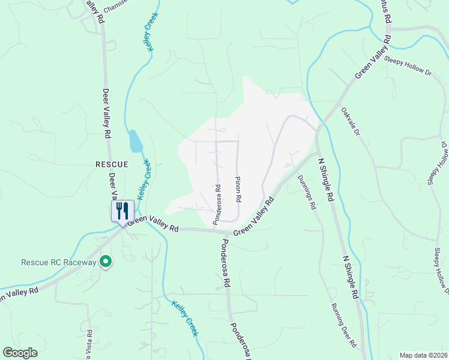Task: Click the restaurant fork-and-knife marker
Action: pyautogui.click(x=122, y=211)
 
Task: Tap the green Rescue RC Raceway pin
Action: pyautogui.click(x=106, y=262)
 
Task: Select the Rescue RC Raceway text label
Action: pyautogui.click(x=58, y=262)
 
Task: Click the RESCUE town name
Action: pyautogui.click(x=112, y=164)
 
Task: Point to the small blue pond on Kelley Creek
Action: pyautogui.click(x=136, y=142)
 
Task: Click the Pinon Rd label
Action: pyautogui.click(x=238, y=189)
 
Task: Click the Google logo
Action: pyautogui.click(x=20, y=353)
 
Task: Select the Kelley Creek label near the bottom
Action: pyautogui.click(x=184, y=317)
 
